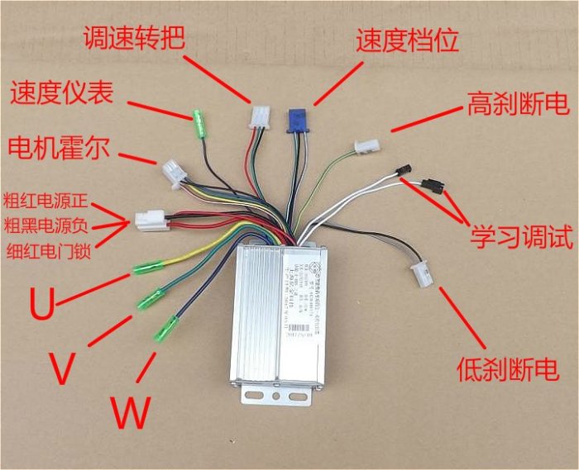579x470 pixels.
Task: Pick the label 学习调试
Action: pyautogui.click(x=522, y=240)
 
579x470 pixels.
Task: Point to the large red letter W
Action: pyautogui.click(x=130, y=411)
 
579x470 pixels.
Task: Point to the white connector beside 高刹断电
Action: pyautogui.click(x=365, y=147)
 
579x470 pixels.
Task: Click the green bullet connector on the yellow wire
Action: pyautogui.click(x=148, y=267)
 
